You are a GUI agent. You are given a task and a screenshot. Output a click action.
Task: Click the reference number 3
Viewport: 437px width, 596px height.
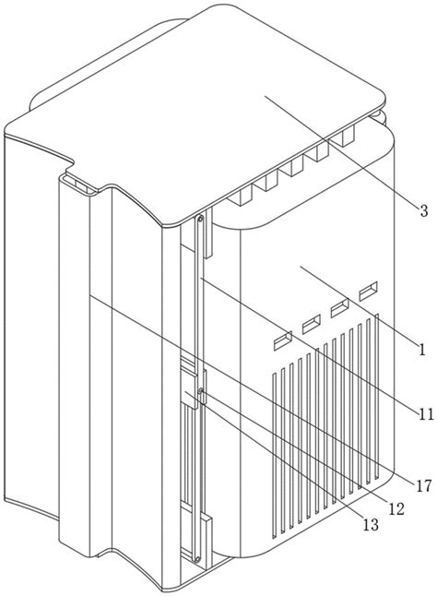424,210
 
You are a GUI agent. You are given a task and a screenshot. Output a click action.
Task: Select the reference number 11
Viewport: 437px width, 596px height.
426,414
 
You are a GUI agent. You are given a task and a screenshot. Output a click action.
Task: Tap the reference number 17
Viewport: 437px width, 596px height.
423,485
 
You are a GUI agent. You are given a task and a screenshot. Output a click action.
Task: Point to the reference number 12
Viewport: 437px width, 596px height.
396,509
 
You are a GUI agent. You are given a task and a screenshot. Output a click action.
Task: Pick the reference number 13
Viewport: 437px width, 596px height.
371,525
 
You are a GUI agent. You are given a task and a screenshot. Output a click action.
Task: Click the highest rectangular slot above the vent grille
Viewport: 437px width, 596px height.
368,292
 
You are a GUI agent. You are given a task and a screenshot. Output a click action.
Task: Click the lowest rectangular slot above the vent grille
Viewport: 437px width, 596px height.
283,340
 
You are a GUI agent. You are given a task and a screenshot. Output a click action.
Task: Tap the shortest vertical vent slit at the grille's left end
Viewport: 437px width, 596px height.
274,456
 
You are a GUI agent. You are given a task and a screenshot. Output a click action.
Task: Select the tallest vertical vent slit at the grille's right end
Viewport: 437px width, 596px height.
377,396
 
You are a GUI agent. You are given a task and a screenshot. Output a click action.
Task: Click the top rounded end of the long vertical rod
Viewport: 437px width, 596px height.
200,219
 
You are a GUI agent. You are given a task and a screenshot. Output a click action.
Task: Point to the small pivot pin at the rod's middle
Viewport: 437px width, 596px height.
200,390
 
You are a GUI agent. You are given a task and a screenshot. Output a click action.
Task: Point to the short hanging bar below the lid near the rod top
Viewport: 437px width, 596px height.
208,233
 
